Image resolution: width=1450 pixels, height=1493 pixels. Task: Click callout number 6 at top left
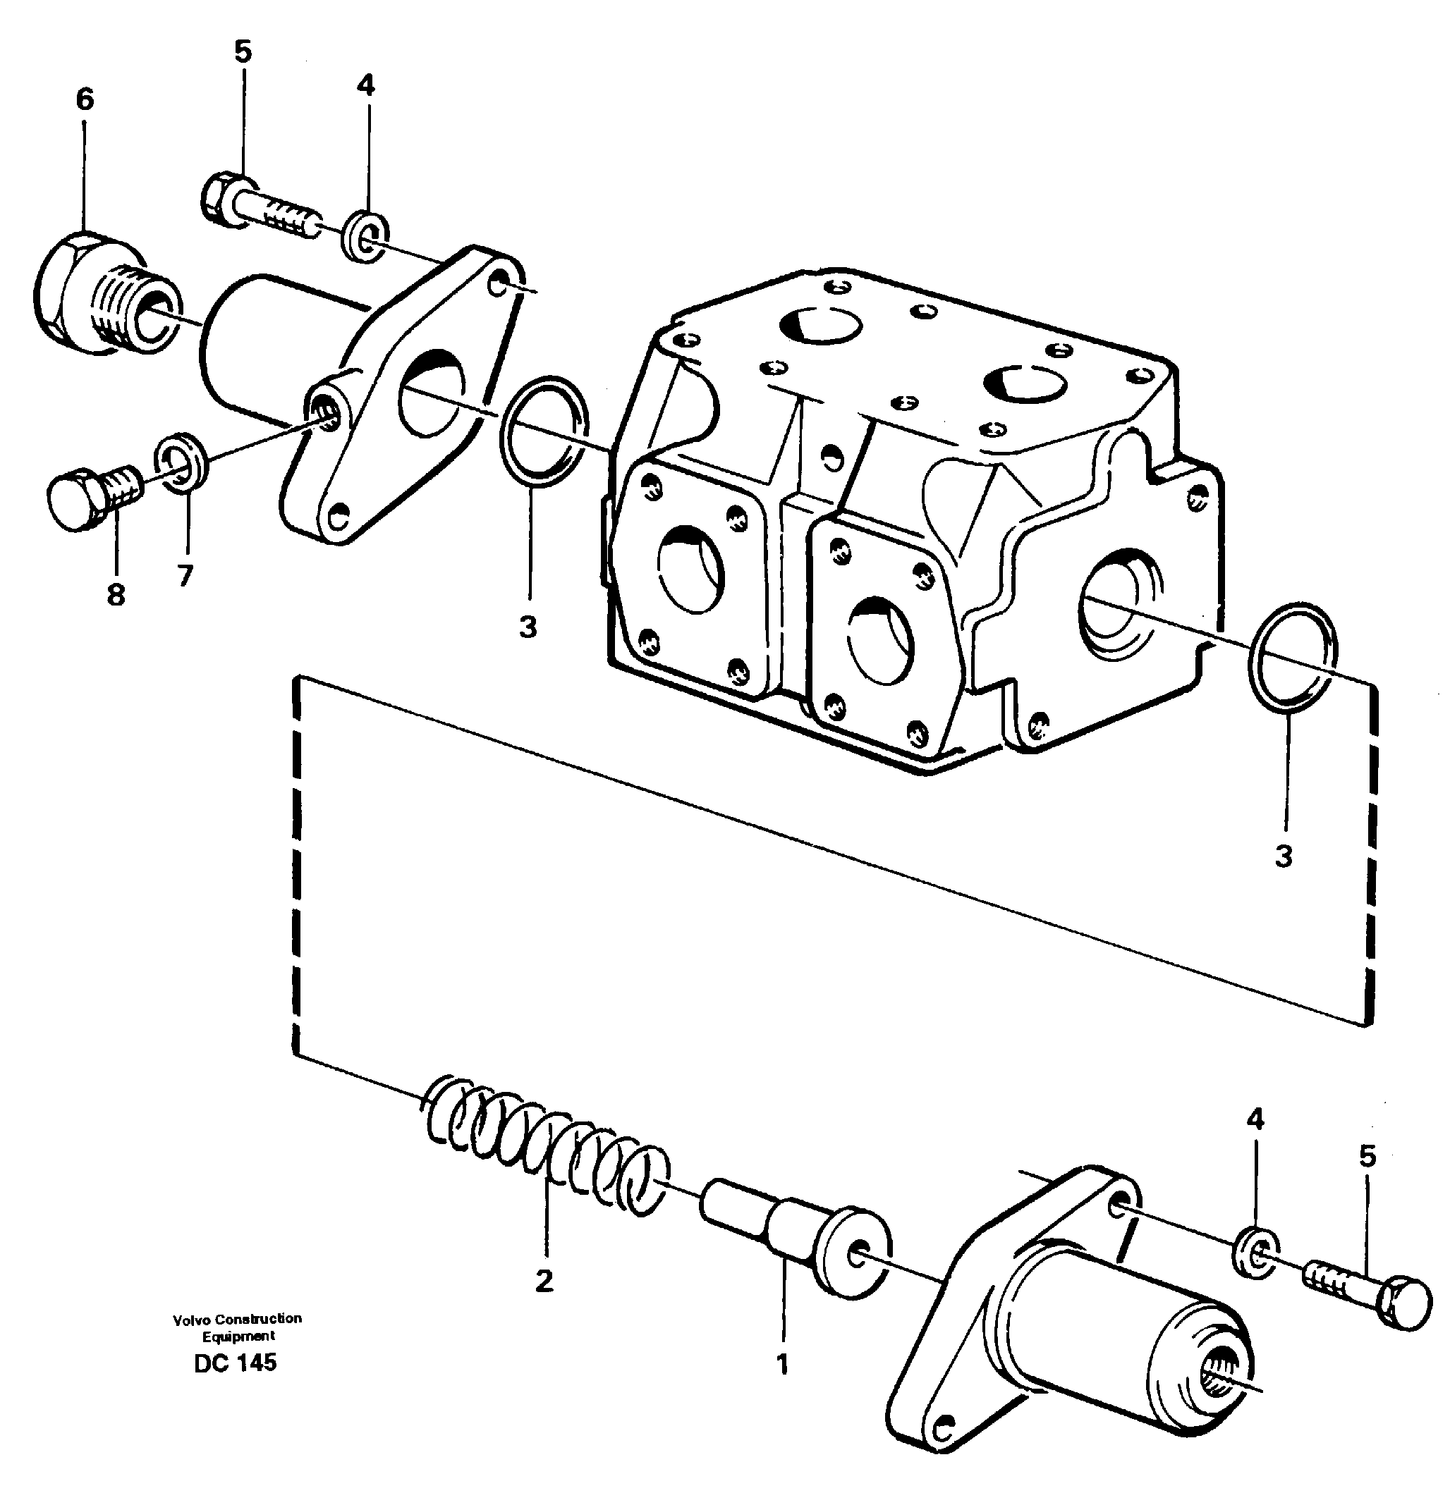tap(85, 99)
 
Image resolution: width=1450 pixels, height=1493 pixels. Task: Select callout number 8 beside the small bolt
tap(116, 594)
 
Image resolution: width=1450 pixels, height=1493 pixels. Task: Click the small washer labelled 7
tap(182, 463)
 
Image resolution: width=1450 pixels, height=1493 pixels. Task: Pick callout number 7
tap(185, 575)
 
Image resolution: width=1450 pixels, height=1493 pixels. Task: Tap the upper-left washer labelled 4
tap(365, 238)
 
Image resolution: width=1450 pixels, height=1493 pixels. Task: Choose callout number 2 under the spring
tap(543, 1282)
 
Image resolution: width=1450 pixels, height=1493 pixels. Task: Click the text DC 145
tap(236, 1363)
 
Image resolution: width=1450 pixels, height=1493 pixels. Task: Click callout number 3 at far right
tap(1284, 856)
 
